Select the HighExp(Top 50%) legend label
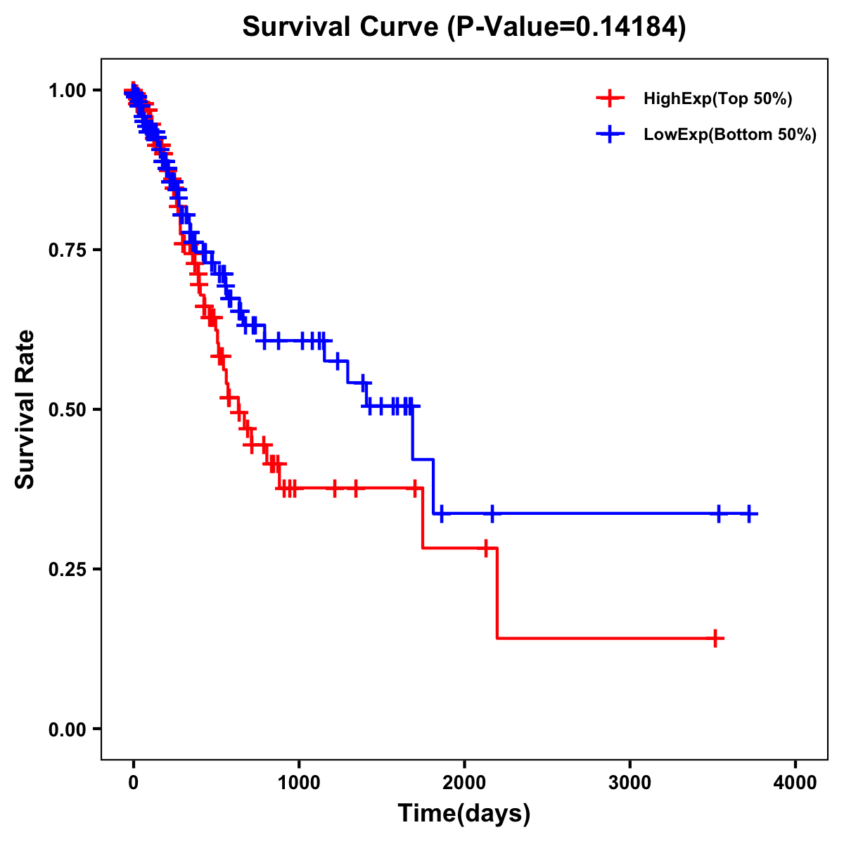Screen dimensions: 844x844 point(717,99)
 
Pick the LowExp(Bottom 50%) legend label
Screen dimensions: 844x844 point(730,135)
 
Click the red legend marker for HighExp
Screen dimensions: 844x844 point(610,98)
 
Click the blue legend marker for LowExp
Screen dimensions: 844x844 point(610,134)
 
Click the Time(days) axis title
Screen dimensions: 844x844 point(464,814)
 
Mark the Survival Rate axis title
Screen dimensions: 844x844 point(25,409)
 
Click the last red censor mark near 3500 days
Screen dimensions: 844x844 point(715,639)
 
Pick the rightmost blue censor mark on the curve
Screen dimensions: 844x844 point(749,514)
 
